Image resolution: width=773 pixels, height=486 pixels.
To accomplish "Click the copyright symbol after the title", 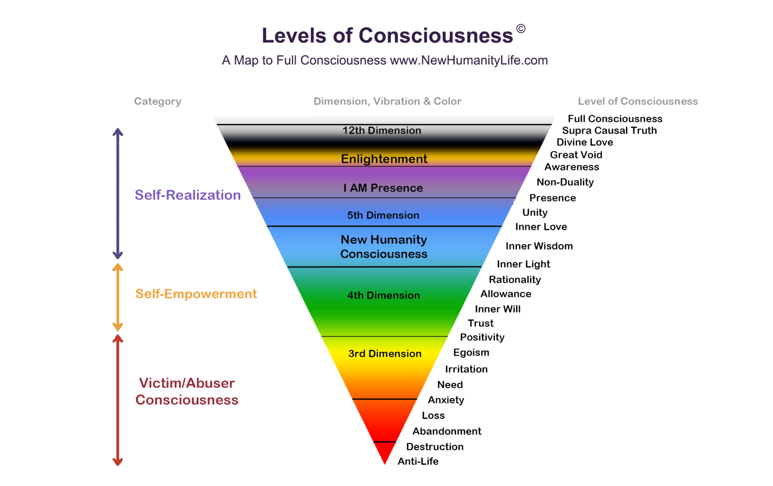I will tap(521, 29).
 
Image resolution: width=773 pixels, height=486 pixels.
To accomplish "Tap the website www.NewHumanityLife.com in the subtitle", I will tap(469, 60).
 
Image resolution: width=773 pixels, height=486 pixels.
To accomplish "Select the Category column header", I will tap(158, 101).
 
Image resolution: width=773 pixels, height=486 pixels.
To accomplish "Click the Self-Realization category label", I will tap(188, 195).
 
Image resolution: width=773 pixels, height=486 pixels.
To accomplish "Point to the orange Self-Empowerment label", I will tap(196, 294).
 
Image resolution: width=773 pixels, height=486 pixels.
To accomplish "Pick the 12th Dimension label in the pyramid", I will tap(382, 131).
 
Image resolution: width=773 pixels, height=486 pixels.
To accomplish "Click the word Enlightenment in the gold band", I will tap(384, 159).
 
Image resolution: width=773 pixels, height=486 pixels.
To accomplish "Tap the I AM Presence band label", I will tap(383, 188).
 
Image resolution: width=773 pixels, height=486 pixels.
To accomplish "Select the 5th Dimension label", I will tap(383, 215).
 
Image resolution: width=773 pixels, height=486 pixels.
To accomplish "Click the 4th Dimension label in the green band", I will tap(383, 295).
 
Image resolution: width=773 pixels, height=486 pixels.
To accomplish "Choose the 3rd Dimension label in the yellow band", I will tap(385, 354).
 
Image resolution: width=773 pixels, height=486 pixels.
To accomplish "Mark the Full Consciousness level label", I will tap(615, 119).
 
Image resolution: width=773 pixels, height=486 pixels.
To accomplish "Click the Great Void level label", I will tap(576, 155).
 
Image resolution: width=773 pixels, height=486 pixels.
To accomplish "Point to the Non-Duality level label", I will tap(565, 182).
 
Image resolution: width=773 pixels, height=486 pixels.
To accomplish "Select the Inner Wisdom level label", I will tap(539, 246).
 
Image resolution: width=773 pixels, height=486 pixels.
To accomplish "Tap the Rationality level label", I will tap(515, 280).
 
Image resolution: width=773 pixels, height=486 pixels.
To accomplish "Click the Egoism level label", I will tap(471, 352).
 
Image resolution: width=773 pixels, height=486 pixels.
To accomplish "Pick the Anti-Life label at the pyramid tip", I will tap(418, 461).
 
